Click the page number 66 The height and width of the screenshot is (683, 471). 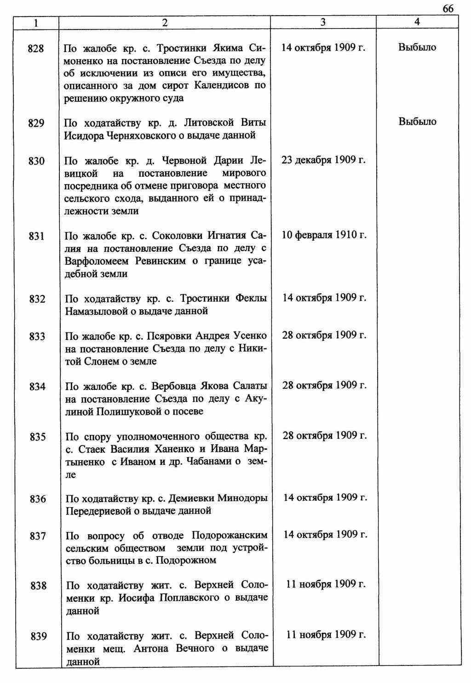click(x=448, y=9)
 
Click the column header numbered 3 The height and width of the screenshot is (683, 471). click(x=323, y=22)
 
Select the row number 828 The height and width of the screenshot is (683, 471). click(x=36, y=48)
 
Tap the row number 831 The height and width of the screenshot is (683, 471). click(x=37, y=236)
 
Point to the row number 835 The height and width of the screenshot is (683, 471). click(x=38, y=437)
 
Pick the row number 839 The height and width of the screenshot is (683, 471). click(x=39, y=637)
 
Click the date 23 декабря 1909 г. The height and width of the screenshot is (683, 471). click(x=323, y=160)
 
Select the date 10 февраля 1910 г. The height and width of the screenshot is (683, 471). click(x=324, y=235)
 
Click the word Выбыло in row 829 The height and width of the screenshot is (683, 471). click(x=417, y=122)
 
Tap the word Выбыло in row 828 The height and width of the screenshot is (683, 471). click(x=417, y=47)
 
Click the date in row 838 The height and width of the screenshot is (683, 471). click(x=326, y=585)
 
